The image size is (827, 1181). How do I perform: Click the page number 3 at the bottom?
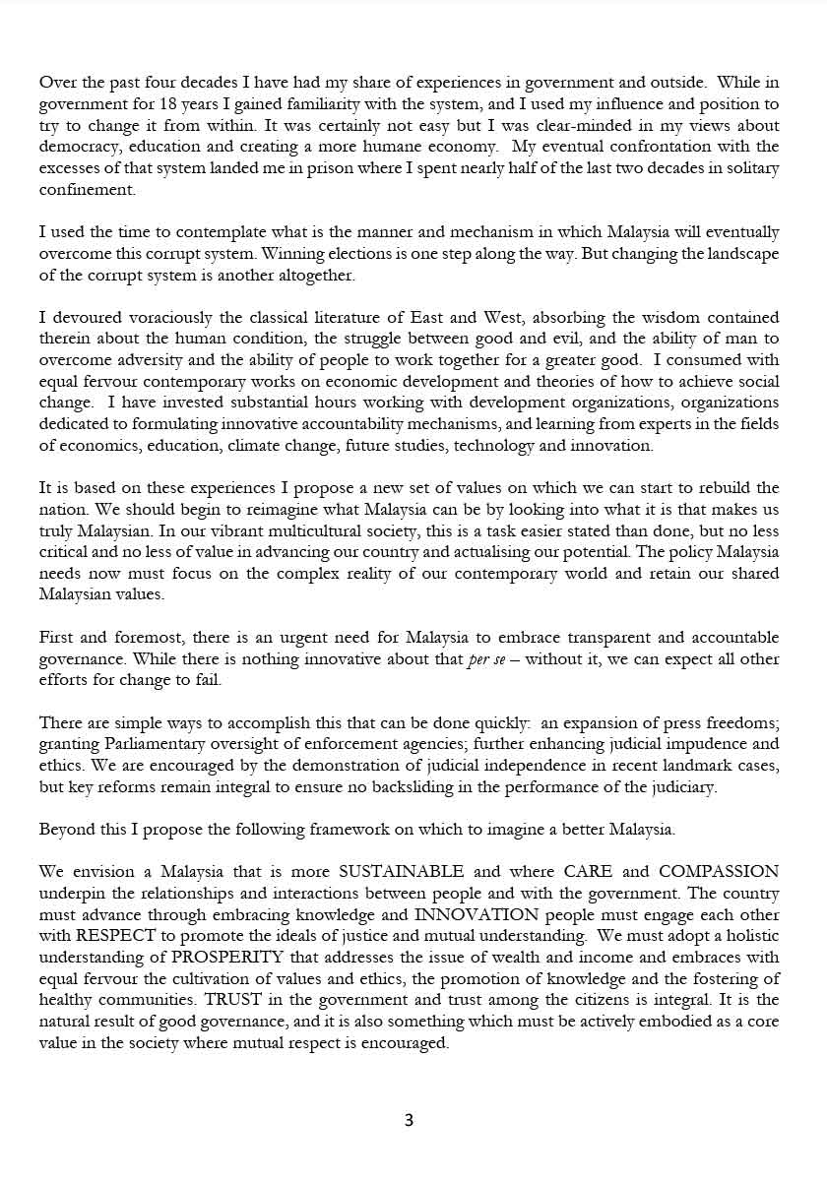point(409,1120)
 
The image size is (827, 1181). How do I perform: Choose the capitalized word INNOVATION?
point(477,915)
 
